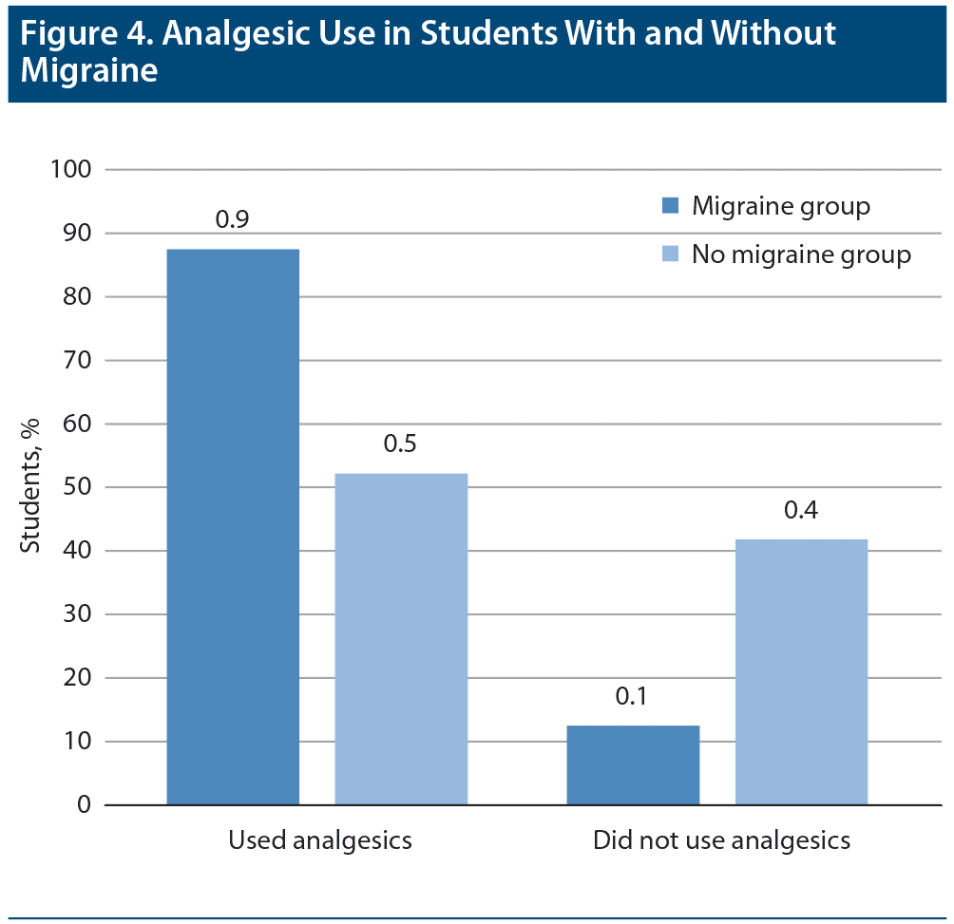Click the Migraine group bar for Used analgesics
[233, 527]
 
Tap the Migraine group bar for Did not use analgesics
[633, 765]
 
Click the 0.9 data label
[232, 219]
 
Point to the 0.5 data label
[400, 443]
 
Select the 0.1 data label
[632, 696]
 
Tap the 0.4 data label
[801, 510]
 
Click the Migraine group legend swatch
[671, 205]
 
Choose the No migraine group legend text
[801, 255]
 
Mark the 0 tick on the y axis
[84, 805]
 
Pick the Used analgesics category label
[320, 840]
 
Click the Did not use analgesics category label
[721, 840]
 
